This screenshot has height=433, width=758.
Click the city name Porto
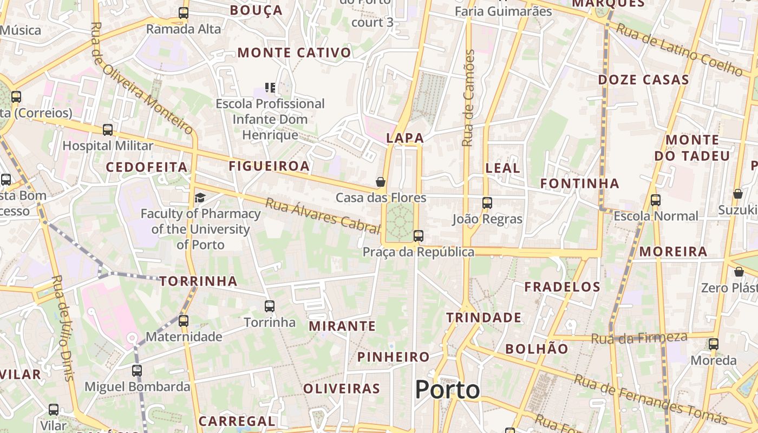(x=447, y=390)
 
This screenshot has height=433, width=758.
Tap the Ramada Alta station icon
(x=184, y=13)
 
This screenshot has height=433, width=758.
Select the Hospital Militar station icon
(x=108, y=130)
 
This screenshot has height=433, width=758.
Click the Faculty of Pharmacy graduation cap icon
(x=200, y=198)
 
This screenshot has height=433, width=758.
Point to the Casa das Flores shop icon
(x=381, y=182)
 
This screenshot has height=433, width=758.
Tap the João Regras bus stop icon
(x=487, y=203)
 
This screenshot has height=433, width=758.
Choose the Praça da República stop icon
(x=418, y=236)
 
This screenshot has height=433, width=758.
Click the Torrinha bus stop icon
(x=270, y=306)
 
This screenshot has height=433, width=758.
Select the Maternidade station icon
(x=184, y=320)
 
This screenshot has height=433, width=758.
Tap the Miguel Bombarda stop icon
(x=137, y=371)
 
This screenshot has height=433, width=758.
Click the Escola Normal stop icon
(x=656, y=200)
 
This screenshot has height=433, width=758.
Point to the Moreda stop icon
(x=714, y=344)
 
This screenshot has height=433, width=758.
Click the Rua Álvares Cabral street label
(x=323, y=215)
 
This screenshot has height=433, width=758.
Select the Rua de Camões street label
(x=469, y=98)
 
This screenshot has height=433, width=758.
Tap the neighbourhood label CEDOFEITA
(x=147, y=167)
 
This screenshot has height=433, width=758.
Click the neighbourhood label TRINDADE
(x=484, y=318)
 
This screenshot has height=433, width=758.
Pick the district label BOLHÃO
(x=537, y=349)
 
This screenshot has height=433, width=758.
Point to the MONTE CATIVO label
(x=295, y=53)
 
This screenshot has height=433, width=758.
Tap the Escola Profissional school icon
(x=270, y=87)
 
